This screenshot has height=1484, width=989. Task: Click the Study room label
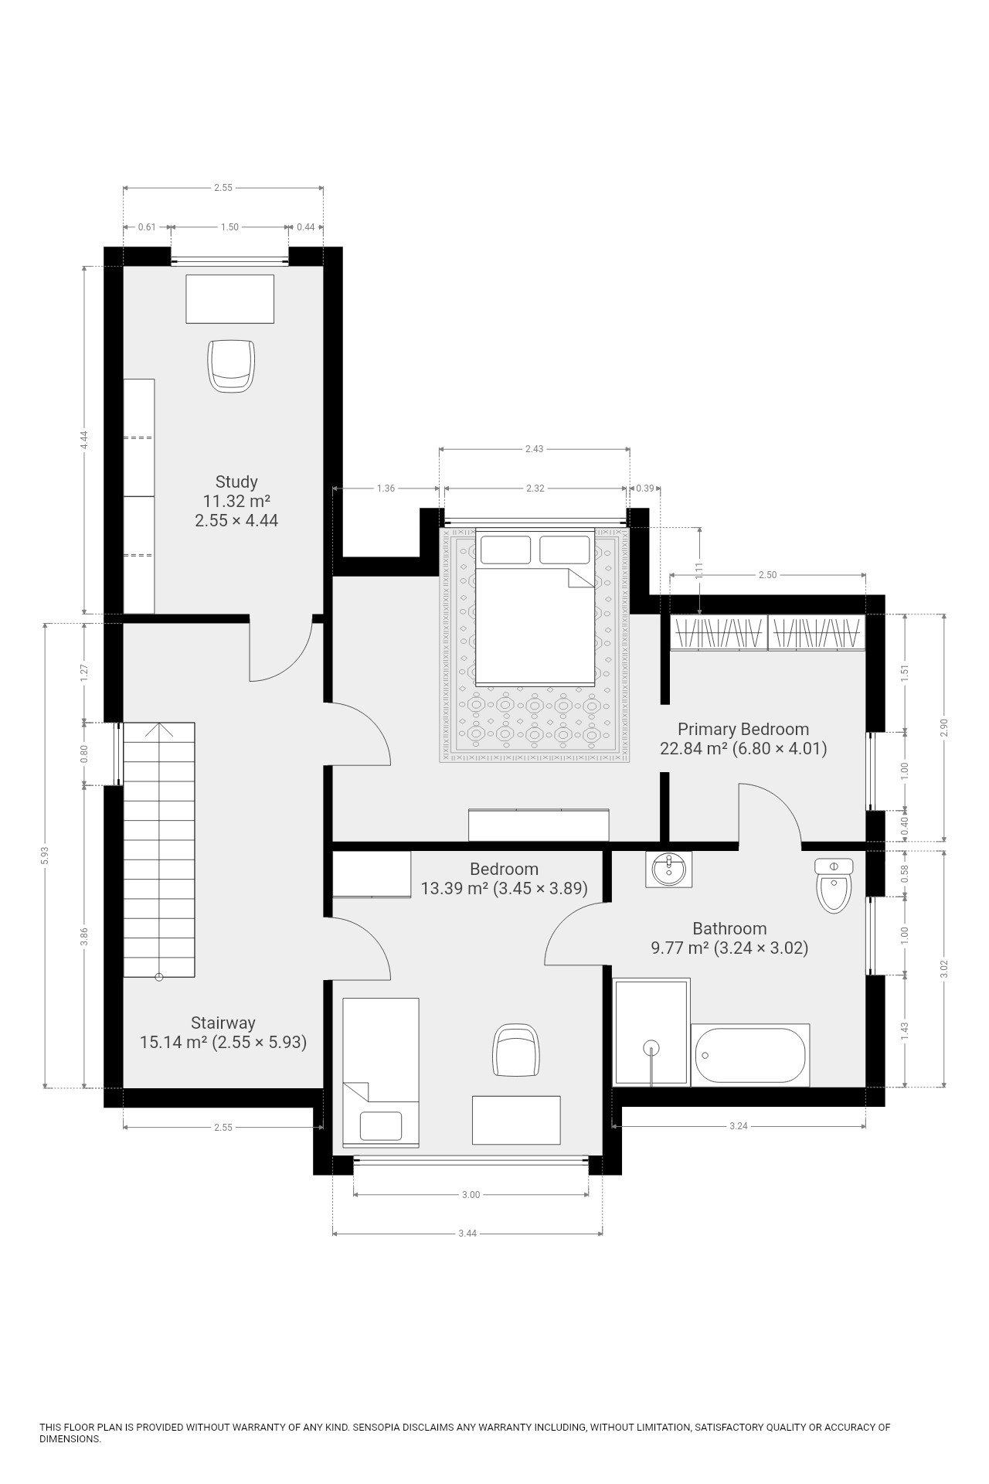coord(236,482)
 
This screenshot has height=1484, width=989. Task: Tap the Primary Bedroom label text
coord(743,729)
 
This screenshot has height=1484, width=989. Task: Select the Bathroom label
coord(729,928)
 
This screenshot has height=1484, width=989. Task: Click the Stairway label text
coord(223,1023)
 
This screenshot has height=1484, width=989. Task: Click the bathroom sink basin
coord(669,870)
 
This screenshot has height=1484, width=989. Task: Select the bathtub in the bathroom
coord(750,1055)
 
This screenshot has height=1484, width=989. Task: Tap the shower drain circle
coord(652,1048)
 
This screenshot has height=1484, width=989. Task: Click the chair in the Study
coord(231,366)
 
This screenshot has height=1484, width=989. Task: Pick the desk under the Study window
coord(230,298)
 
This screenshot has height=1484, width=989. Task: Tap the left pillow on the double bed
coord(505,550)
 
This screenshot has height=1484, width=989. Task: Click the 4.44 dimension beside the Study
coord(84,439)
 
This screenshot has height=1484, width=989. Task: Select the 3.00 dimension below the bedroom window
coord(471,1194)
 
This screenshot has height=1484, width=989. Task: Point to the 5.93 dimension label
coord(46,855)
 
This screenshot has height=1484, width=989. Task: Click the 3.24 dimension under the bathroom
coord(739,1126)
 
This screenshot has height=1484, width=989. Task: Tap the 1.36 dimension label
coord(386,488)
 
